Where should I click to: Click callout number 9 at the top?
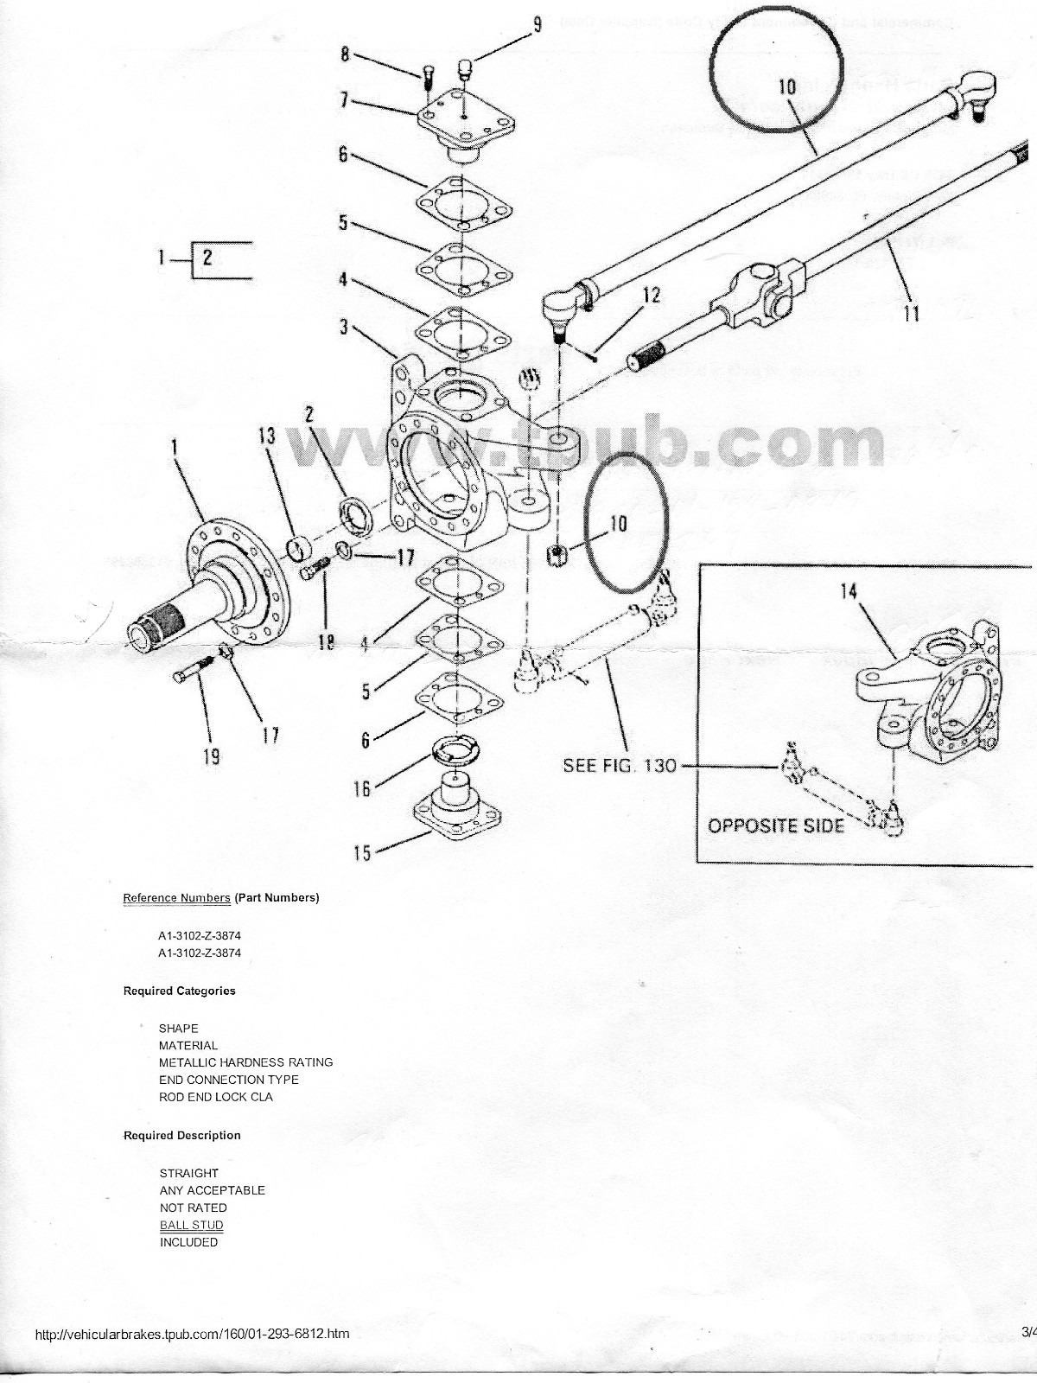[537, 23]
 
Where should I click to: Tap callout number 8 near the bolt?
[345, 54]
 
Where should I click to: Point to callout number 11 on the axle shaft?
[911, 313]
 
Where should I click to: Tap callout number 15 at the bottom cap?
[362, 853]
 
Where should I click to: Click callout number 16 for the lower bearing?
[361, 787]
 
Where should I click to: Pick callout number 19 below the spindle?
[211, 757]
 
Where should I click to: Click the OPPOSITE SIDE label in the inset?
[776, 825]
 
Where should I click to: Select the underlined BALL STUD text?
[191, 1225]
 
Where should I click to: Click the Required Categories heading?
[179, 991]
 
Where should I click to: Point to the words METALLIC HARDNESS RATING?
[245, 1062]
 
